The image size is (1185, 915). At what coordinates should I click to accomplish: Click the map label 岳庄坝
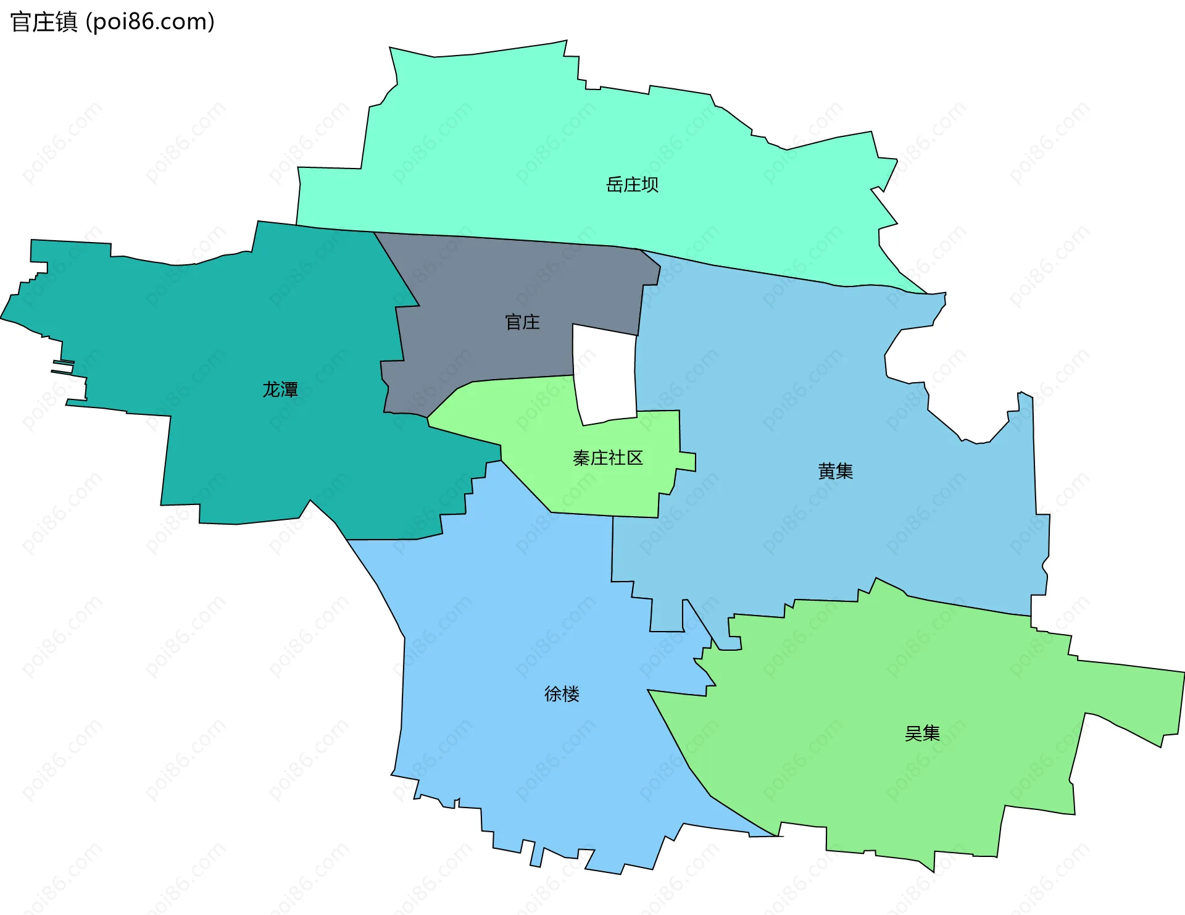point(632,185)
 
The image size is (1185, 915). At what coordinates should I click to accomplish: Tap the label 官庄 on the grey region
point(522,322)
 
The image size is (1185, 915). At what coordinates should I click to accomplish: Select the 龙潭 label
point(280,390)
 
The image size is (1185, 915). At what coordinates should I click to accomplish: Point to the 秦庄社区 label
point(608,458)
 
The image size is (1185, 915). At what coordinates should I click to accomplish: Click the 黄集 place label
point(835,472)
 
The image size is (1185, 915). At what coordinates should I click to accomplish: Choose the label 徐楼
point(562,694)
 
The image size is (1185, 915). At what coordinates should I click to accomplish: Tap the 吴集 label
point(922,733)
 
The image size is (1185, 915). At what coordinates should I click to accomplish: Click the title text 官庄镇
point(44,22)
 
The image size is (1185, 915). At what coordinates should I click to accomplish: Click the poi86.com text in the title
point(150,22)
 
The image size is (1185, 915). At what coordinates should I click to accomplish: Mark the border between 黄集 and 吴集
point(963,606)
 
